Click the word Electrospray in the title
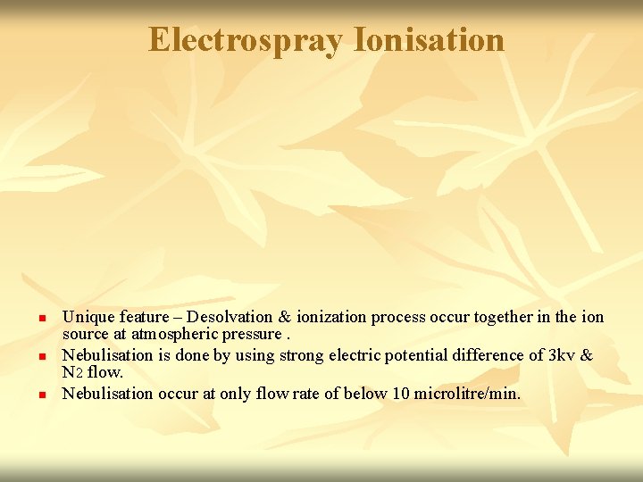246,39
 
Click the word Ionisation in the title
429,39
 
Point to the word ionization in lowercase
331,317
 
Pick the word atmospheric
170,335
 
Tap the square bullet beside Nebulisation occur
41,395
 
